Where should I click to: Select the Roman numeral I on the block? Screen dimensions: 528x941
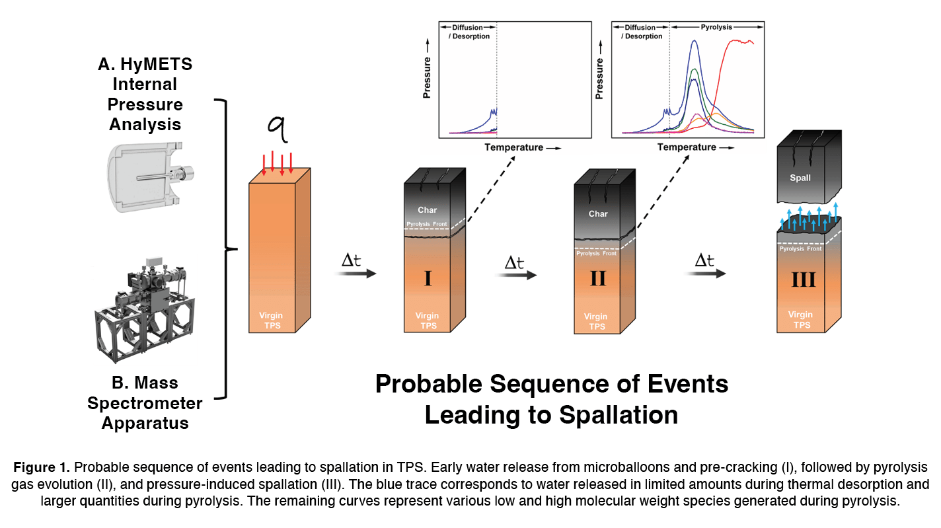point(428,278)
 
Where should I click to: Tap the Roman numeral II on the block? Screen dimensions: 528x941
point(597,278)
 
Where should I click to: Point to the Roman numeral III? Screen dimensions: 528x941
point(802,280)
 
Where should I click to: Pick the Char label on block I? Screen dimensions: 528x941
point(428,210)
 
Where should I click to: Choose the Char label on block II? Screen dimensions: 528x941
point(598,214)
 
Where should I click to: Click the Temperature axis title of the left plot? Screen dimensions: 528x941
point(513,147)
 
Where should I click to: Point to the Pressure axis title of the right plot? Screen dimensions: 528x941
point(599,79)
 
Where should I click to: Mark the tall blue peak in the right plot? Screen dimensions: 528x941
point(694,42)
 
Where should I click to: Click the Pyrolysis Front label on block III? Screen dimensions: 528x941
point(801,248)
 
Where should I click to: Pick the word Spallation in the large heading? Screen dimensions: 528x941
point(619,415)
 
